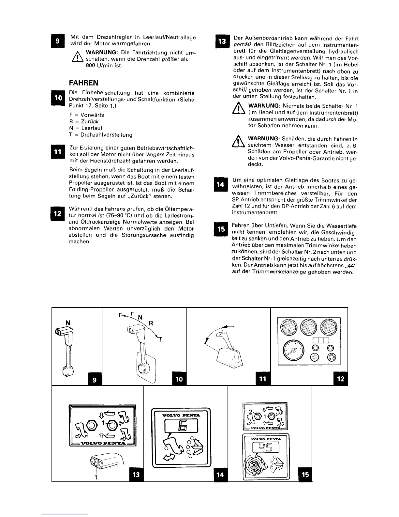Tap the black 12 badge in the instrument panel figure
click(x=341, y=379)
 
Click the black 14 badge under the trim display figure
click(x=220, y=475)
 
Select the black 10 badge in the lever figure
click(x=179, y=379)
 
